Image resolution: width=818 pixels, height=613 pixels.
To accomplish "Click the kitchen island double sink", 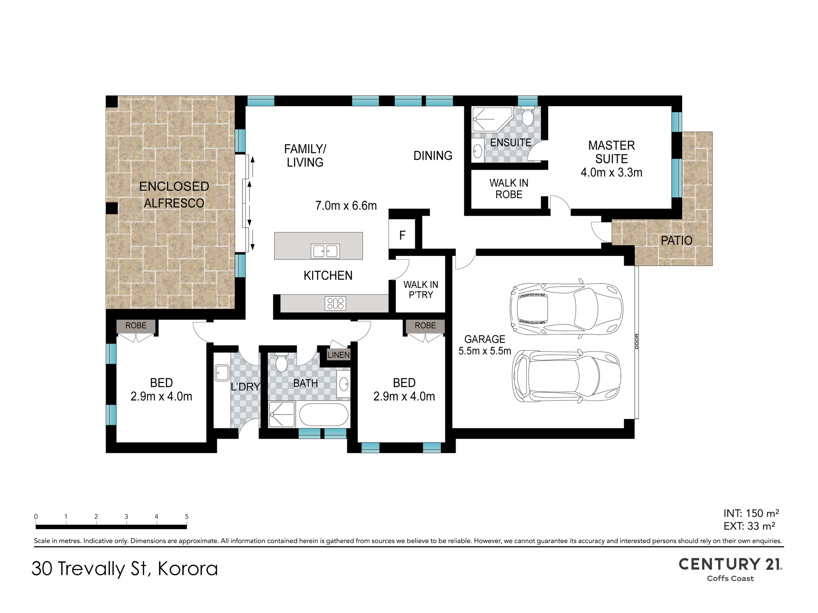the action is click(x=326, y=251).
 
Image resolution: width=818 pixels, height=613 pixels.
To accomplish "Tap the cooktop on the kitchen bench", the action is click(x=335, y=304).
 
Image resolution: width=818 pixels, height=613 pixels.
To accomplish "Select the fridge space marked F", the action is click(x=402, y=235).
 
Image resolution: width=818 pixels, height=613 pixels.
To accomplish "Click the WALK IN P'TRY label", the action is click(x=421, y=290).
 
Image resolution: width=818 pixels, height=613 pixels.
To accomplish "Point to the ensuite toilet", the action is click(x=528, y=116).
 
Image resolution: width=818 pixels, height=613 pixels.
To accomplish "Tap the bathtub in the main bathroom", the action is click(x=324, y=415).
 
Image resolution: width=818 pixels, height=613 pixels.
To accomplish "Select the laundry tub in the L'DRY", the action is click(x=222, y=373).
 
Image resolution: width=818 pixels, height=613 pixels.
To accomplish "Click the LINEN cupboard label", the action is click(x=339, y=355).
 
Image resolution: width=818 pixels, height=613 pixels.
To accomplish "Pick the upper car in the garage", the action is click(x=566, y=309).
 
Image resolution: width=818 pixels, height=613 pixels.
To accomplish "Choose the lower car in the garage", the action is click(x=567, y=376).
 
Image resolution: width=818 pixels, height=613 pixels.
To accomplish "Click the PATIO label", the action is click(x=676, y=241).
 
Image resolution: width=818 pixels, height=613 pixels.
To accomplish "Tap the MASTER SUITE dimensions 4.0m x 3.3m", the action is click(x=611, y=172).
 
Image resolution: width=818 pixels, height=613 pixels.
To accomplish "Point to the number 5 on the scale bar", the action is click(x=187, y=517).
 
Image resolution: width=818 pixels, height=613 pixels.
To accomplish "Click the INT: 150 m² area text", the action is click(x=751, y=513).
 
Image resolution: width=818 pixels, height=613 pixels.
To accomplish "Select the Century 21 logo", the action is click(x=730, y=569).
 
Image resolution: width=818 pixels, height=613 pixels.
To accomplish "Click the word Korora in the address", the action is click(x=188, y=569).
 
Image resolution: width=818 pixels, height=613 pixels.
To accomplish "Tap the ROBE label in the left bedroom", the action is click(x=136, y=326).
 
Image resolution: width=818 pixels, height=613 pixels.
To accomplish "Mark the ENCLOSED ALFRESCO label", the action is click(x=174, y=195).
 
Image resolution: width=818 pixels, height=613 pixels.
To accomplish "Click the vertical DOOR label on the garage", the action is click(x=637, y=341).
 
